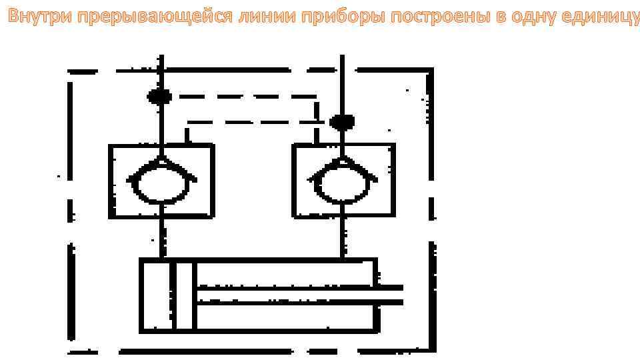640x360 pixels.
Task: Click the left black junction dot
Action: [159, 97]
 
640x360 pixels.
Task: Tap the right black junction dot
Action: [342, 122]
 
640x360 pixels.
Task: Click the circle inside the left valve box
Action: [160, 183]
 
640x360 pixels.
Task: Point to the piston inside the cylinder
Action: [183, 295]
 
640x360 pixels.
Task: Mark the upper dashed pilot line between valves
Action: [240, 97]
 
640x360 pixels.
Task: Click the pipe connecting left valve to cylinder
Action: [161, 238]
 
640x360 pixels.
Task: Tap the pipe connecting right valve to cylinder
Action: [343, 238]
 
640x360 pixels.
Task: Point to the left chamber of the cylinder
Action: [156, 295]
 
